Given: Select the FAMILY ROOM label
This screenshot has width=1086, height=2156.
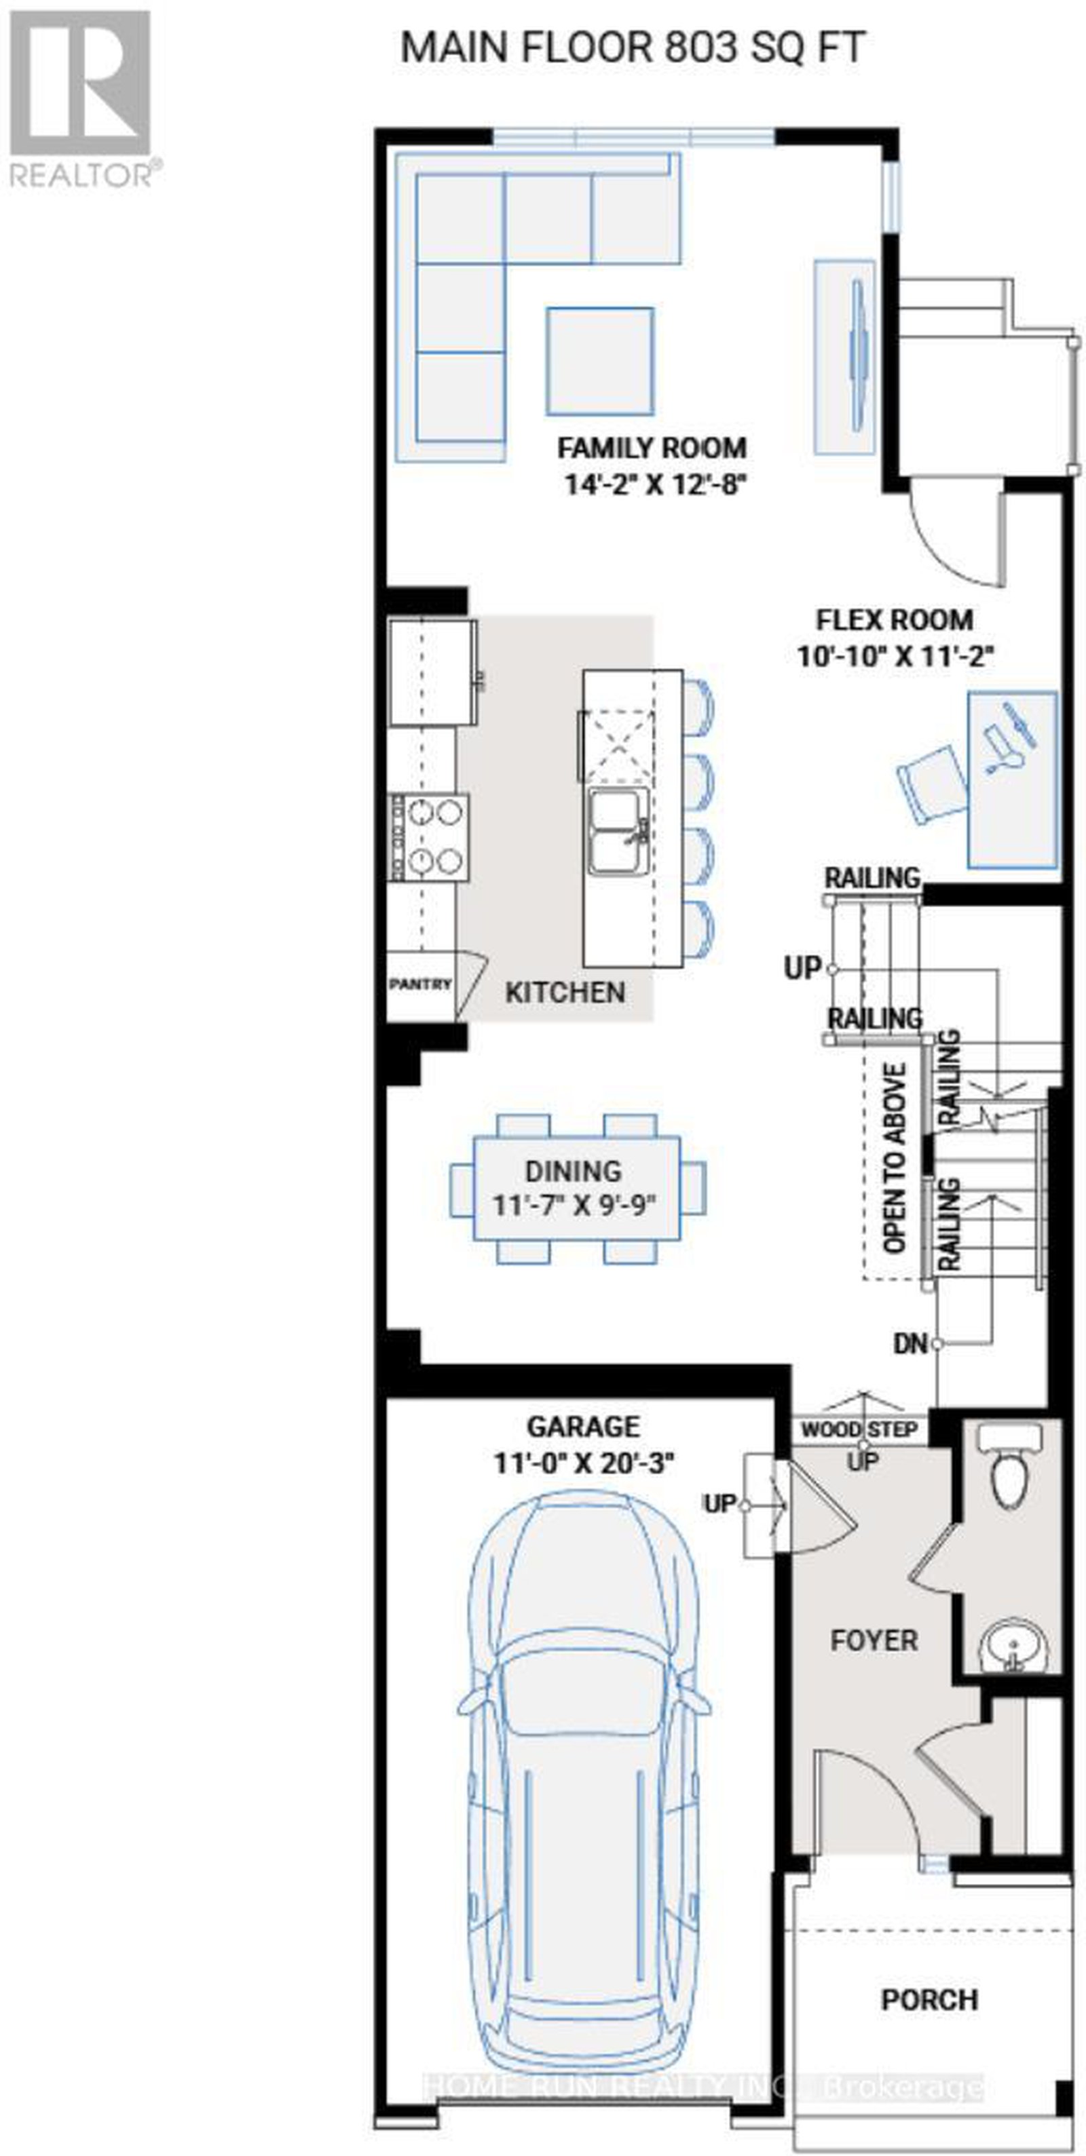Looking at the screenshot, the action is coord(652,448).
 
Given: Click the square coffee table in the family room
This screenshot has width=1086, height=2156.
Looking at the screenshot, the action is coord(599,361).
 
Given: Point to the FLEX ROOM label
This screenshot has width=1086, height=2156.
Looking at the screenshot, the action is coord(895,620).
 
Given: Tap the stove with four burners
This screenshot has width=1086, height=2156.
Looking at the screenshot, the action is coord(430,837).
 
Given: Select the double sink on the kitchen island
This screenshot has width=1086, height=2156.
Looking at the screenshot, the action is coord(618,830).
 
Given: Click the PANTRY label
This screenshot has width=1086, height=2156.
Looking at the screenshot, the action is coord(420,984).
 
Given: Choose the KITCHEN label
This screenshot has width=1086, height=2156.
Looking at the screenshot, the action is coord(565,993).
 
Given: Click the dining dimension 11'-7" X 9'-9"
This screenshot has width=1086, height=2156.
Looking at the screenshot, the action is coord(574,1206).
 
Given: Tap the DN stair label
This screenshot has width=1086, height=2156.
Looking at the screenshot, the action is coord(910,1344).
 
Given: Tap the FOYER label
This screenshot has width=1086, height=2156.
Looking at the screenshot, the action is coord(874,1640).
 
